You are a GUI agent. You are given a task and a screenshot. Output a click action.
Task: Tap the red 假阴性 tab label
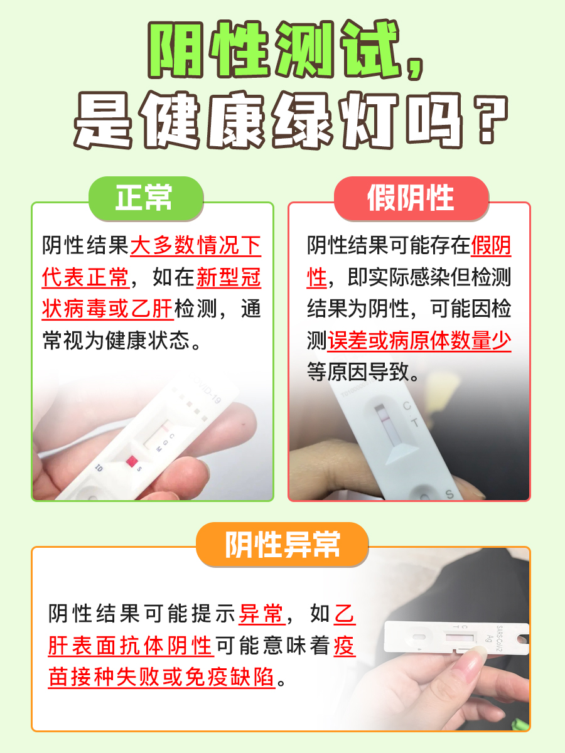[411, 198]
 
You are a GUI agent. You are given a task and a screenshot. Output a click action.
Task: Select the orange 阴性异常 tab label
[282, 544]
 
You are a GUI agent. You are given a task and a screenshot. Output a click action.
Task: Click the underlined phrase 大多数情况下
[195, 245]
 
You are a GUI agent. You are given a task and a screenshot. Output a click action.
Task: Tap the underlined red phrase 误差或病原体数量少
[419, 341]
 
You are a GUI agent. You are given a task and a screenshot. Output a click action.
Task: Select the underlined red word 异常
[262, 613]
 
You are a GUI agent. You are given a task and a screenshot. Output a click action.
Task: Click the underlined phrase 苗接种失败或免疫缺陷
[161, 677]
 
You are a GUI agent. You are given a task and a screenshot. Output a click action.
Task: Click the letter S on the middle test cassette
[449, 494]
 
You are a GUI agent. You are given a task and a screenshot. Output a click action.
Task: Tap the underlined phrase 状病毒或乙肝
[109, 309]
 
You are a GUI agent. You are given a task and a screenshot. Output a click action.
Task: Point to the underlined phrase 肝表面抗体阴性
[130, 645]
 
